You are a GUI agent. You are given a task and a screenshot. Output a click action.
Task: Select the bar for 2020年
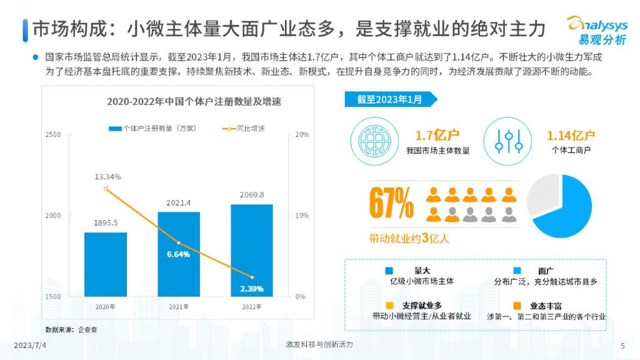click(106, 264)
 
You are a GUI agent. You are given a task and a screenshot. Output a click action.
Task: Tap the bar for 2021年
click(179, 253)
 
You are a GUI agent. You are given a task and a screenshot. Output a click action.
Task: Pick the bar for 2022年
click(252, 250)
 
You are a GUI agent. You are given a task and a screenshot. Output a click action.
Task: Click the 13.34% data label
click(107, 177)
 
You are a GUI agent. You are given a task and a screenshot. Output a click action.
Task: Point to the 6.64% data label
click(178, 254)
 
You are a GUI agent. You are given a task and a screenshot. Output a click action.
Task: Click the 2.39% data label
click(251, 289)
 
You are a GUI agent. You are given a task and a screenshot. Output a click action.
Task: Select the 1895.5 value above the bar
click(106, 223)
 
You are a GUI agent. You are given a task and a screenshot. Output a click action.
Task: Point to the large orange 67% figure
click(391, 204)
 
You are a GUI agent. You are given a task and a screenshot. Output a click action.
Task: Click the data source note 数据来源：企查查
click(71, 329)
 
